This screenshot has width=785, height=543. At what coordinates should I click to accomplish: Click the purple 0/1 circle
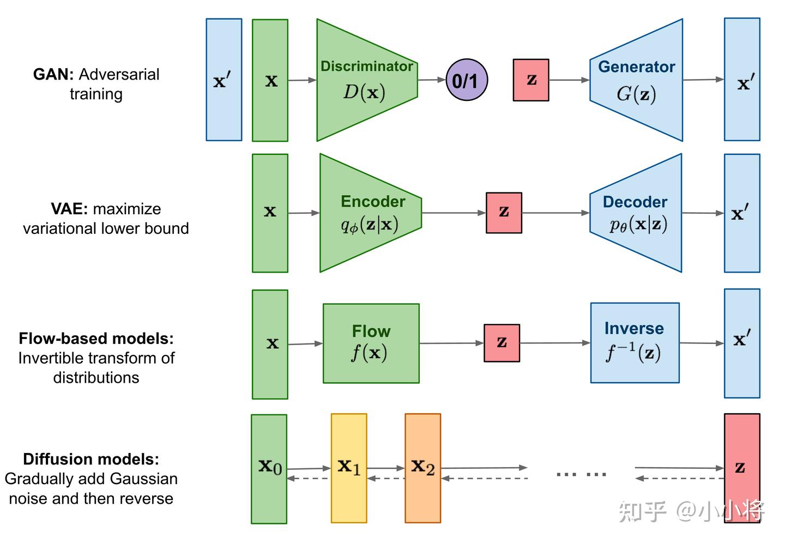pos(467,80)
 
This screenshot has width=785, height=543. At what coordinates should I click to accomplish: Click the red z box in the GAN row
pos(531,80)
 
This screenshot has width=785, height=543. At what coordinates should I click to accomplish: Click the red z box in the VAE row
pos(504,213)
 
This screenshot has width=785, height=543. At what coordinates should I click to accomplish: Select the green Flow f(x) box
pos(371,343)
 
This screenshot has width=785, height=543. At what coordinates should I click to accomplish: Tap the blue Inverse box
pos(635,343)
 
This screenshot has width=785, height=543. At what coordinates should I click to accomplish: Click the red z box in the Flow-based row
pos(502,343)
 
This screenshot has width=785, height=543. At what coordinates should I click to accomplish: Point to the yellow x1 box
pos(349,468)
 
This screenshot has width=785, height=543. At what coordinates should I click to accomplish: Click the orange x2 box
pos(422,468)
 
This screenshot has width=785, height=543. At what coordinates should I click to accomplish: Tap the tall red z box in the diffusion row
pos(741,468)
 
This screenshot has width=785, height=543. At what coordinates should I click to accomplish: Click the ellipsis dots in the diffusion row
pos(581,474)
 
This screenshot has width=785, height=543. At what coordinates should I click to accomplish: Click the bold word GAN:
pos(53,74)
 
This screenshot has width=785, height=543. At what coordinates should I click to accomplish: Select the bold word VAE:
pos(69,209)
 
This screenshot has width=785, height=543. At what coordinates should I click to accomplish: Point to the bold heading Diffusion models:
pos(91,459)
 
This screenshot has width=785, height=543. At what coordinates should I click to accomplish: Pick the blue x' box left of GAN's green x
pos(224,80)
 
